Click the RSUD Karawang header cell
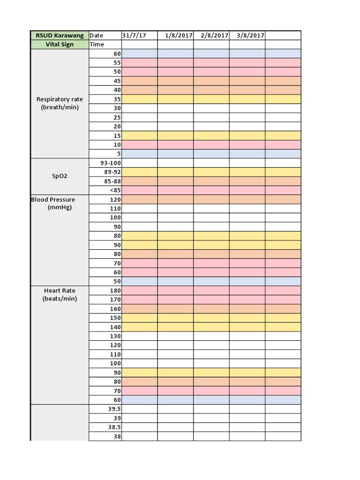tap(60, 36)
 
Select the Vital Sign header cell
tap(60, 45)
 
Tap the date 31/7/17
tap(134, 36)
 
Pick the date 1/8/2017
tap(179, 36)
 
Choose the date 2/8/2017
tap(214, 36)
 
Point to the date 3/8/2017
tap(250, 36)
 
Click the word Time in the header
tap(97, 45)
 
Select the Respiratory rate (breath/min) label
tap(60, 104)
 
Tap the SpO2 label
tap(60, 176)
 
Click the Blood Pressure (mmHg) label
tap(53, 203)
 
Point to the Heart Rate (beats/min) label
tap(60, 294)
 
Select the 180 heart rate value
tap(115, 291)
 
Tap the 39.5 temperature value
tap(114, 409)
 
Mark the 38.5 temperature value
tap(114, 427)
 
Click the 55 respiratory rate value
tap(117, 63)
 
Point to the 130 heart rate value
tap(115, 336)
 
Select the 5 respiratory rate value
tap(119, 154)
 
